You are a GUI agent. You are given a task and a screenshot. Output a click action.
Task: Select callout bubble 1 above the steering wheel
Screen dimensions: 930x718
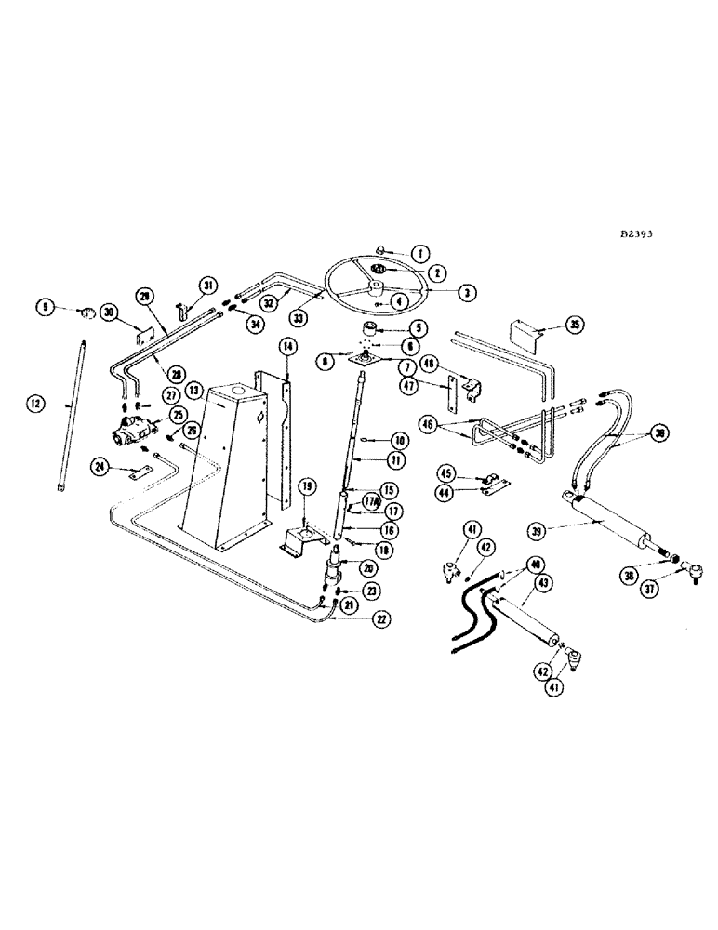click(420, 253)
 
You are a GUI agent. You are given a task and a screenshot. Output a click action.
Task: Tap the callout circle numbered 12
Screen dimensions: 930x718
click(35, 404)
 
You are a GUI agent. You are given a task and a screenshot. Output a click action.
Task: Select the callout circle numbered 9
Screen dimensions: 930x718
click(43, 306)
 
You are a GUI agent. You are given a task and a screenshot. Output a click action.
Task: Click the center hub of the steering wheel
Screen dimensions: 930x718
click(378, 270)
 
